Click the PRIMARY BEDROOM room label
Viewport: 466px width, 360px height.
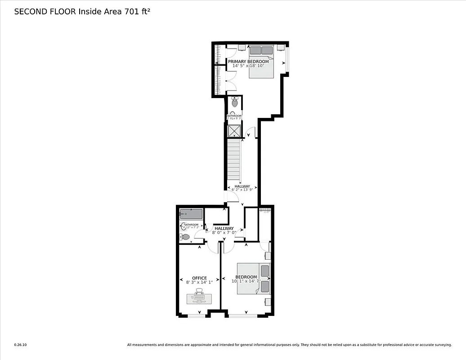pos(248,61)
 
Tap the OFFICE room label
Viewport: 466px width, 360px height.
pos(199,278)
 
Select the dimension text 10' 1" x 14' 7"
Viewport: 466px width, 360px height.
pos(246,282)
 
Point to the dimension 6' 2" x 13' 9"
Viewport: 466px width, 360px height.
pos(242,190)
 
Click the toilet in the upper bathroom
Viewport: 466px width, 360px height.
pos(234,103)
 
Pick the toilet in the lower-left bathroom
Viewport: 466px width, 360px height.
pos(185,237)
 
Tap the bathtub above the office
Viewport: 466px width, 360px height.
pos(191,214)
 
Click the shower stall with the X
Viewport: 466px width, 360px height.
pos(234,131)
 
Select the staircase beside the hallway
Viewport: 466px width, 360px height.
pos(233,160)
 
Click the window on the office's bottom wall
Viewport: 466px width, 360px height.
pos(197,315)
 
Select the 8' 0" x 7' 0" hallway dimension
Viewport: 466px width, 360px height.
pos(224,233)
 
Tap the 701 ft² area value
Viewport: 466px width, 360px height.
pos(134,12)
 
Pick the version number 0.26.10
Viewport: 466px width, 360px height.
pos(21,345)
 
